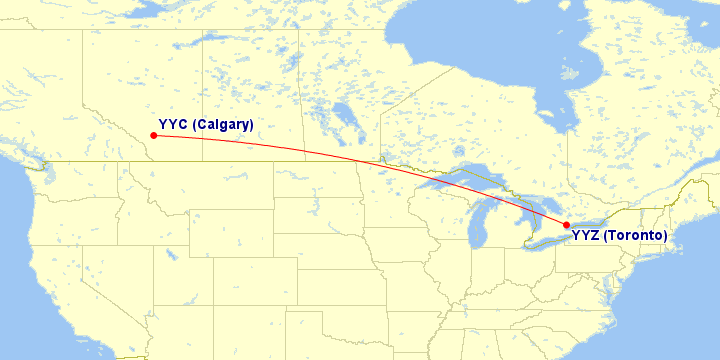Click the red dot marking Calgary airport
152,135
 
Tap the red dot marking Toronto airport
566,224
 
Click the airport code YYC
173,124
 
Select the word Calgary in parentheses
223,124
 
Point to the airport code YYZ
587,236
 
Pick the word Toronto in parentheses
636,236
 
